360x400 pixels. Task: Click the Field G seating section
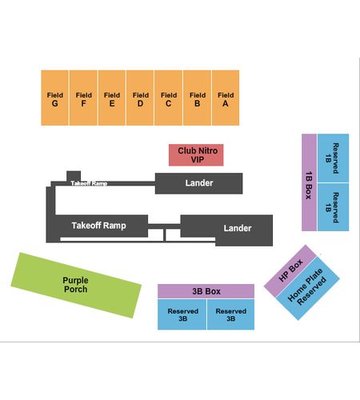(54, 98)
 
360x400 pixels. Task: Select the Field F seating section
(83, 98)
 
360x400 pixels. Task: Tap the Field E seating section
(112, 98)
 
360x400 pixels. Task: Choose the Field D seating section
(140, 98)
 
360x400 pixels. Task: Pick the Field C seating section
(169, 98)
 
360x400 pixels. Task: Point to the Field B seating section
(198, 98)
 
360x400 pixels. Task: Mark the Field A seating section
(226, 98)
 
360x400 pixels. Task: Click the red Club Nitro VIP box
(196, 155)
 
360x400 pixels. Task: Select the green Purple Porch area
(76, 285)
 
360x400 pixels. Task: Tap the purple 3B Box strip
(206, 291)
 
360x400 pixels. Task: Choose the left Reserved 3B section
(182, 314)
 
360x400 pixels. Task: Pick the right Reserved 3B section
(230, 314)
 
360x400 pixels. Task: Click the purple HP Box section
(290, 270)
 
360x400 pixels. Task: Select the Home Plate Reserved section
(307, 288)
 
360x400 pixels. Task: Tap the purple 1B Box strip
(309, 182)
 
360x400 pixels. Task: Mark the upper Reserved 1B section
(333, 158)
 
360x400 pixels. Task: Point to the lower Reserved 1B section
(333, 207)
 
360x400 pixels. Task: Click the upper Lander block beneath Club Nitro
(199, 183)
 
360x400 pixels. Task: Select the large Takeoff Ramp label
(99, 226)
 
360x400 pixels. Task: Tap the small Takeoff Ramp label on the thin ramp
(89, 183)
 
